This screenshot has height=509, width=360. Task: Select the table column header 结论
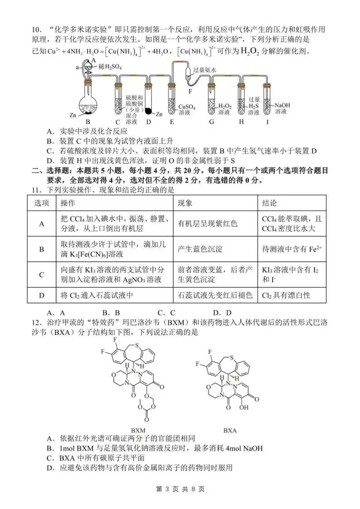(x=269, y=203)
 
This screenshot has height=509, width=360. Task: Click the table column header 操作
(x=68, y=203)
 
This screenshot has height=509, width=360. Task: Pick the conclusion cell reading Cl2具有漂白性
(x=286, y=295)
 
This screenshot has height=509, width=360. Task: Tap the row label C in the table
(x=42, y=275)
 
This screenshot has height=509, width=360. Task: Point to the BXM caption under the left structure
(x=138, y=430)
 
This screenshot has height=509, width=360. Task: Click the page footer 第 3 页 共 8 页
(x=180, y=489)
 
